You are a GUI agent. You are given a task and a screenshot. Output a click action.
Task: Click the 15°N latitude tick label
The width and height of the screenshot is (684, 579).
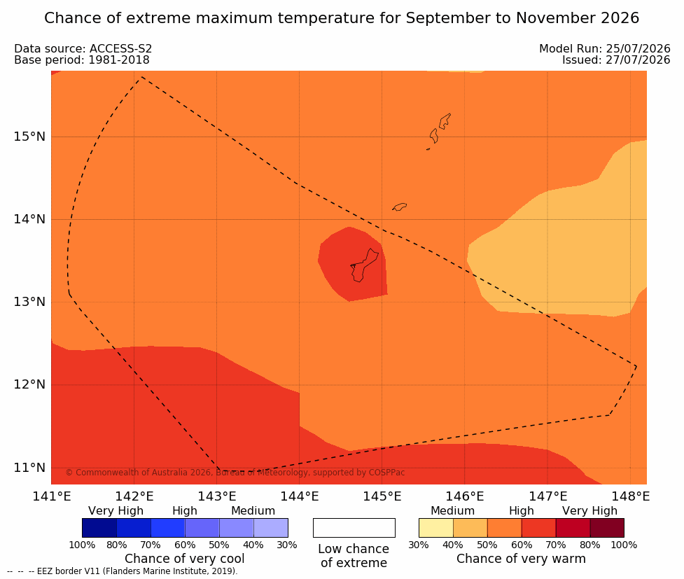coord(29,137)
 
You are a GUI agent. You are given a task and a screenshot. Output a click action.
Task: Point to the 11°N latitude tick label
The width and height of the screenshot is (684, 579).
coord(29,468)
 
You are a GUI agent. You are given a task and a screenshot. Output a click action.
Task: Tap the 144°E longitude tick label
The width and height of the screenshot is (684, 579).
coord(300,496)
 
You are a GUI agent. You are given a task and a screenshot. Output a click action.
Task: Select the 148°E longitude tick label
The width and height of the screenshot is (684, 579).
coord(631,496)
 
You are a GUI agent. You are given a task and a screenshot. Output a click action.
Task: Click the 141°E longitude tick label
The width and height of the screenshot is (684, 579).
coord(52,496)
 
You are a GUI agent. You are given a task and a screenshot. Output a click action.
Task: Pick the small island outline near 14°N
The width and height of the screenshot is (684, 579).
coord(400,207)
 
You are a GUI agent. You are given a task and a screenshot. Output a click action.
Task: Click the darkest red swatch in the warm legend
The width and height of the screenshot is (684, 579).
coord(607,528)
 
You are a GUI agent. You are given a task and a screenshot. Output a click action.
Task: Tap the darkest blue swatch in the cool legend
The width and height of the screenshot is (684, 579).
coord(99,528)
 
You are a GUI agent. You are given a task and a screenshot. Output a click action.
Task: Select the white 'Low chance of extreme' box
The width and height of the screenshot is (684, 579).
coord(354,528)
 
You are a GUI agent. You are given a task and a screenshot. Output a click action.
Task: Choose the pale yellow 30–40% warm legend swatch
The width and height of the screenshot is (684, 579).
coord(435,528)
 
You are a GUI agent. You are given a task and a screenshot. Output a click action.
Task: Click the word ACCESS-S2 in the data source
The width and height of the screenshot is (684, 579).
coord(121,48)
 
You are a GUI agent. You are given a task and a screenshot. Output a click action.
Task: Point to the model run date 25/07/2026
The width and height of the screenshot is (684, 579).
coord(638,48)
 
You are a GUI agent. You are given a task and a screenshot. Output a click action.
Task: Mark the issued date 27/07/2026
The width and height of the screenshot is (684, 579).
coord(638,60)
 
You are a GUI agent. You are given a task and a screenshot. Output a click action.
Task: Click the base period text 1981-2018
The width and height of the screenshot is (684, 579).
coord(119,60)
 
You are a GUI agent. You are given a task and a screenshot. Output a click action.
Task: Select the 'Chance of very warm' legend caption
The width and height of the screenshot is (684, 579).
coord(521,559)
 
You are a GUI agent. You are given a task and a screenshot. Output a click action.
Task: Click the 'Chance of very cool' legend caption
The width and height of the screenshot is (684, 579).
coord(185,559)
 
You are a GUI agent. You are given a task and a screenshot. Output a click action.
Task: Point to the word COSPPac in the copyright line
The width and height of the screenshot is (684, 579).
coord(386,473)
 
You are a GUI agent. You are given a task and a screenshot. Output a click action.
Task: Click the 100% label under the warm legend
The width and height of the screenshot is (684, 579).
coord(624,545)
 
